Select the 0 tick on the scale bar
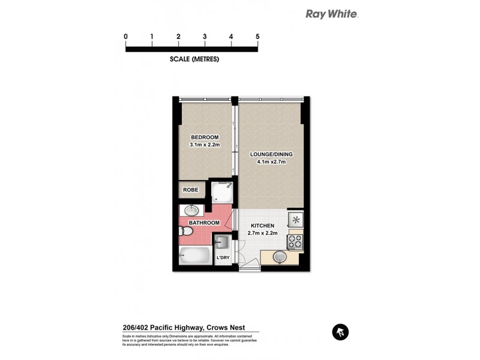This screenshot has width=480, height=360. pos(126,37)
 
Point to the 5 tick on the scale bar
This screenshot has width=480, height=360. pos(257,37)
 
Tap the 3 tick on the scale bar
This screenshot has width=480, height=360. pos(205,37)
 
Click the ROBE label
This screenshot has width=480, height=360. pos(191,190)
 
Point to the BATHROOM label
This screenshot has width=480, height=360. pos(204,223)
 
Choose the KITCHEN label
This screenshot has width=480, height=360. pos(263,226)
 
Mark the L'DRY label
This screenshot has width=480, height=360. pos(223,258)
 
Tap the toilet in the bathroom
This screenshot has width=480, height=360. pos(184,230)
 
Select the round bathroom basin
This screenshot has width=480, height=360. pos(192,211)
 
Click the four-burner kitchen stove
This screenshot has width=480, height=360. pos(295,241)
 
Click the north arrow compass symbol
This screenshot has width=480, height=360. pos(340,331)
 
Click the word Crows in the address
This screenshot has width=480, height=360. pos(222,328)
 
